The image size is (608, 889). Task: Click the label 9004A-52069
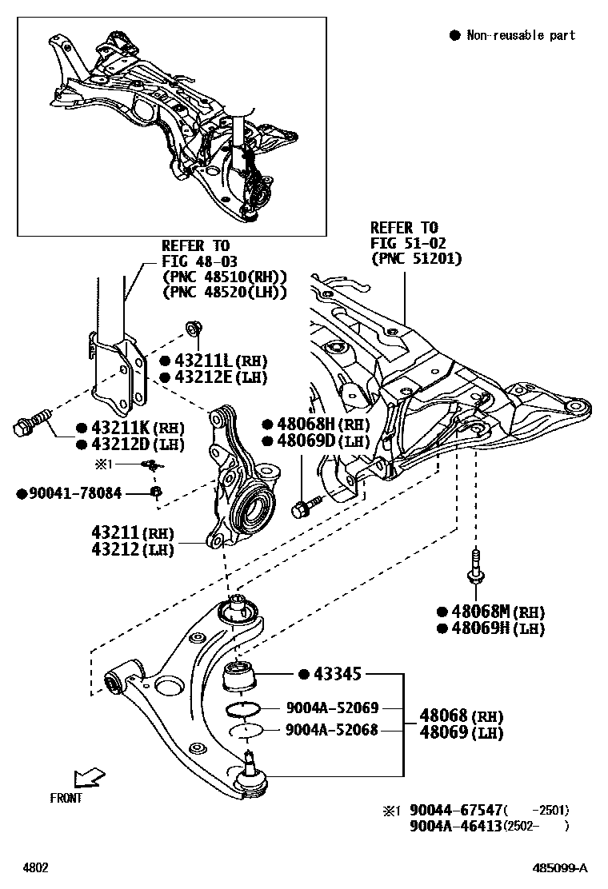(x=332, y=708)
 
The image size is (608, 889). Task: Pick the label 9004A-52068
(x=332, y=729)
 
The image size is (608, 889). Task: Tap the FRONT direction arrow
(x=87, y=778)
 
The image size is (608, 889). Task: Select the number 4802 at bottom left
(x=34, y=867)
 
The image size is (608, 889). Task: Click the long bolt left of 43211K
(x=32, y=424)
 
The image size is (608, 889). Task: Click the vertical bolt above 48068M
(x=475, y=563)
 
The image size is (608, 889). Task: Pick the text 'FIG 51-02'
(x=407, y=243)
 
